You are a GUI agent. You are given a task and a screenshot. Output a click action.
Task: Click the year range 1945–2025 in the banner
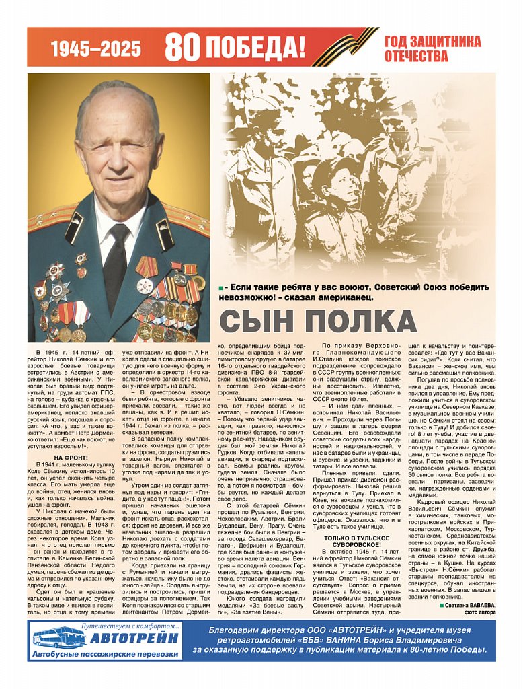(x=96, y=48)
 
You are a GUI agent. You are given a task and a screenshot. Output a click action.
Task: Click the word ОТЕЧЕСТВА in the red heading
(x=416, y=56)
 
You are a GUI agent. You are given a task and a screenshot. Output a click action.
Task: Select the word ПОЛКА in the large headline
(x=354, y=322)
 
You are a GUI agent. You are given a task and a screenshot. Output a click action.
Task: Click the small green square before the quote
(x=221, y=288)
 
